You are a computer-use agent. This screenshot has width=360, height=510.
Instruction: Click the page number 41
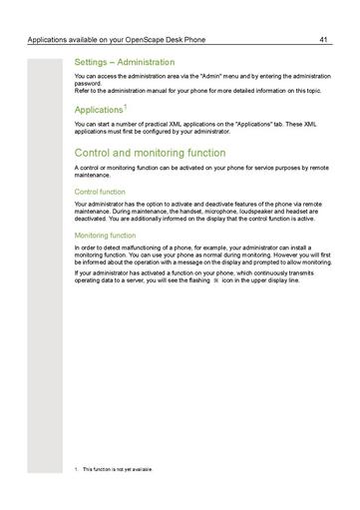point(324,41)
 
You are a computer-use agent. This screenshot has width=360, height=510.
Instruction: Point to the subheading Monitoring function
point(107,235)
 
